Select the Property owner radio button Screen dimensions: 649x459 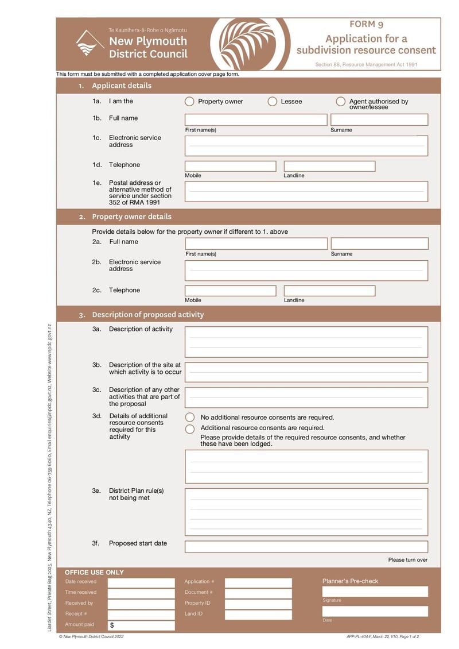189,102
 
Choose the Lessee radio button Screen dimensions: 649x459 273,102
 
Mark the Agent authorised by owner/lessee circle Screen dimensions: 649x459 341,102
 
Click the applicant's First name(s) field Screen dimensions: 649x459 256,119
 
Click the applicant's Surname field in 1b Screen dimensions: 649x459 379,119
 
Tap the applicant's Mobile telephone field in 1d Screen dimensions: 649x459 230,167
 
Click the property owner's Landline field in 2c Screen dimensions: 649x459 329,291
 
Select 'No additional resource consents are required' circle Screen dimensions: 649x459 190,418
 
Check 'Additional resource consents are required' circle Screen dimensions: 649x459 190,428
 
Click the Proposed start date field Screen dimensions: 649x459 306,547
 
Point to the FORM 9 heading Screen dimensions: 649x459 366,24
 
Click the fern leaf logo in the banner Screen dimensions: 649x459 251,44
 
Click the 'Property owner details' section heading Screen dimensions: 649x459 131,217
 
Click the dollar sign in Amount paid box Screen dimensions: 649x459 112,625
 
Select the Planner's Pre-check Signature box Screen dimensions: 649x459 375,592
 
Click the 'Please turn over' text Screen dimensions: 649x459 407,560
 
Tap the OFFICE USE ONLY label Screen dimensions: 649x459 94,573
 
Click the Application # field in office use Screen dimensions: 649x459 258,582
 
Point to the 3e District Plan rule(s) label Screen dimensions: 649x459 136,494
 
